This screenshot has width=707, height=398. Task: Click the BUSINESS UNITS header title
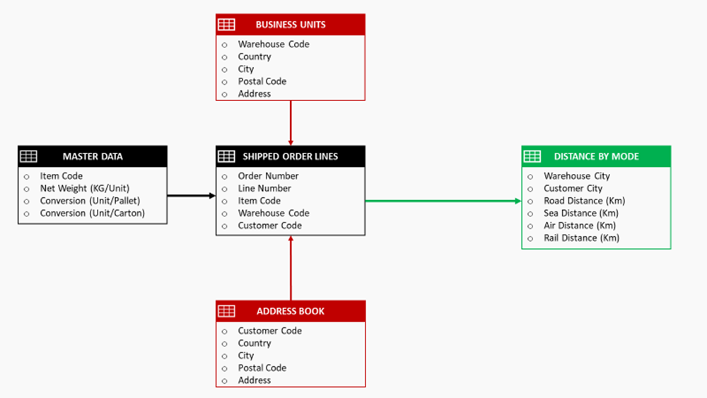point(291,24)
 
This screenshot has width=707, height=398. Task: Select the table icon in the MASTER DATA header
point(29,156)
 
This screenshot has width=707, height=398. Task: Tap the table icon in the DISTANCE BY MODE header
point(532,156)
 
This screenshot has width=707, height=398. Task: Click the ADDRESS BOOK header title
point(291,311)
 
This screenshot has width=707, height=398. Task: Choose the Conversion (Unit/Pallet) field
point(90,201)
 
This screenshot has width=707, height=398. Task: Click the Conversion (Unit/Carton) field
point(92,213)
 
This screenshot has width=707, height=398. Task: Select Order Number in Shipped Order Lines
point(268,176)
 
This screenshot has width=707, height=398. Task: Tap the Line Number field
point(264,188)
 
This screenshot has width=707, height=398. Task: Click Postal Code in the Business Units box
point(262,81)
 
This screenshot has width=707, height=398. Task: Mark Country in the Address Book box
point(255,343)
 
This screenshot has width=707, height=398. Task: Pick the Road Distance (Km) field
point(584,201)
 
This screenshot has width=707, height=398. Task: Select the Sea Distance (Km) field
point(580,213)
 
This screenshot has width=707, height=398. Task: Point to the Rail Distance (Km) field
point(581,238)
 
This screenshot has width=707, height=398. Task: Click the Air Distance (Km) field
point(578,226)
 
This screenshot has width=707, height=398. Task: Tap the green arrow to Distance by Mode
point(443,201)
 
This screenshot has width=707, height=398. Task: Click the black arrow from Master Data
point(191,195)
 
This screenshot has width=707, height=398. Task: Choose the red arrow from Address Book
point(291,268)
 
